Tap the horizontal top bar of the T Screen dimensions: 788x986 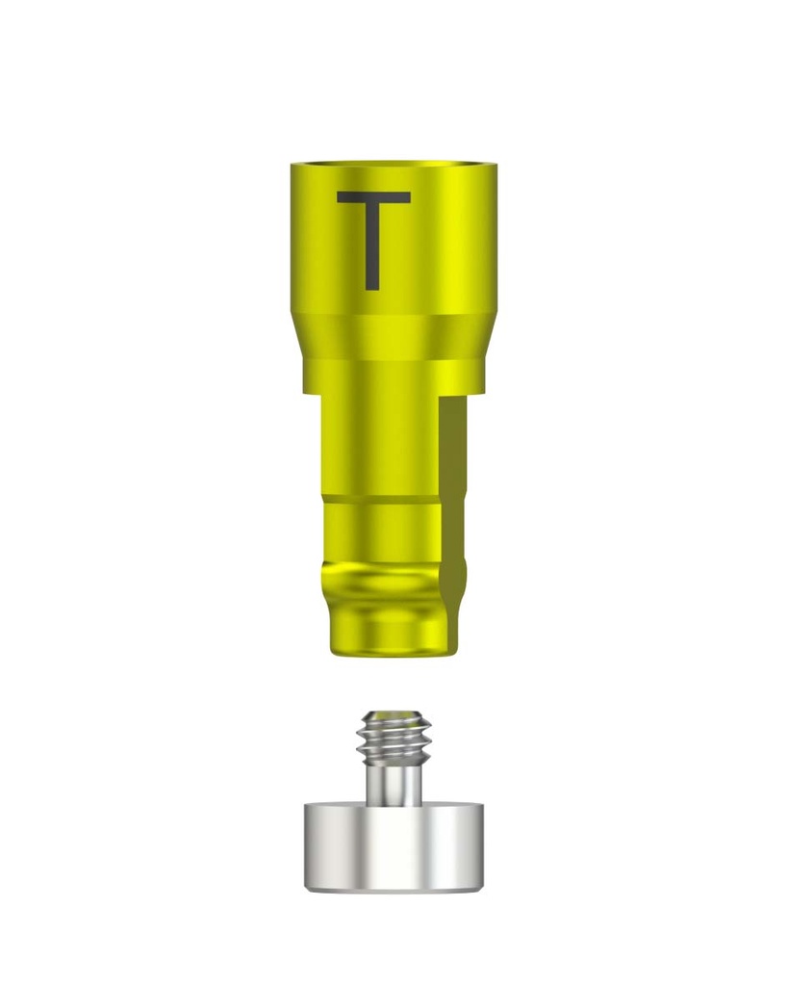click(374, 197)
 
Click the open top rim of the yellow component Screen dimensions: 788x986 click(394, 165)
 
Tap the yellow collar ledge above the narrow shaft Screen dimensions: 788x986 click(394, 376)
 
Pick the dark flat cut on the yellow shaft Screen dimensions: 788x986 click(452, 522)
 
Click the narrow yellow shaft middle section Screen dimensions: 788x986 click(380, 447)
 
